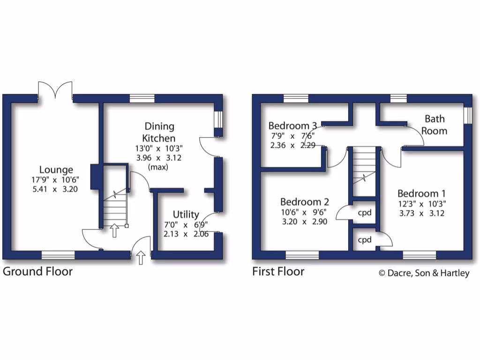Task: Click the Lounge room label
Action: point(56,170)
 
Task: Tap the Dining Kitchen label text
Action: point(159,132)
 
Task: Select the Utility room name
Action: point(186,214)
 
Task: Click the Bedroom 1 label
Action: point(421,193)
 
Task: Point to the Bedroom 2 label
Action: point(304,202)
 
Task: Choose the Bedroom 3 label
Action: point(292,126)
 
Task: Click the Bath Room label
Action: point(435,125)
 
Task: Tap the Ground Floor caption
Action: point(38,271)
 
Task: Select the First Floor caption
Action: point(278,271)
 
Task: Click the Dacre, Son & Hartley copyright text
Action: point(424,273)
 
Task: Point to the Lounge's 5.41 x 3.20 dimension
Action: point(56,189)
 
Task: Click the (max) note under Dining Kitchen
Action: point(159,167)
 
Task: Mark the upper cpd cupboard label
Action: point(365,212)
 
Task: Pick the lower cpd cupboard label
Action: point(365,240)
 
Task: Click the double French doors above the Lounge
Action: point(55,90)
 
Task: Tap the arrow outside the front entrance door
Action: point(141,257)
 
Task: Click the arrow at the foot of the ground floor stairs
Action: point(114,230)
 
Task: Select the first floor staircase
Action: point(364,171)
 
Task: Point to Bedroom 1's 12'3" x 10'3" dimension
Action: point(421,203)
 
